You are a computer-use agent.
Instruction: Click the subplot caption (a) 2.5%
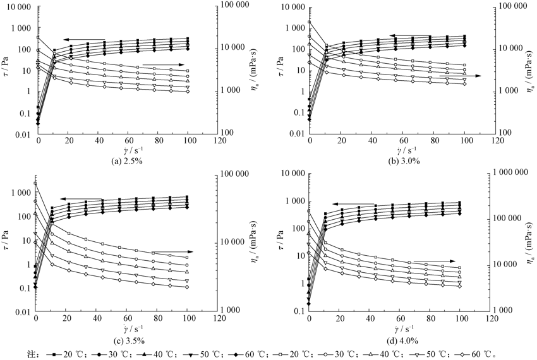(x=128, y=160)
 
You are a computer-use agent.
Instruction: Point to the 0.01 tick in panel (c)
(x=21, y=311)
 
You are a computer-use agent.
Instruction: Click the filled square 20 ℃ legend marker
(x=54, y=351)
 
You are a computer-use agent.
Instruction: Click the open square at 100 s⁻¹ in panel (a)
(x=187, y=71)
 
